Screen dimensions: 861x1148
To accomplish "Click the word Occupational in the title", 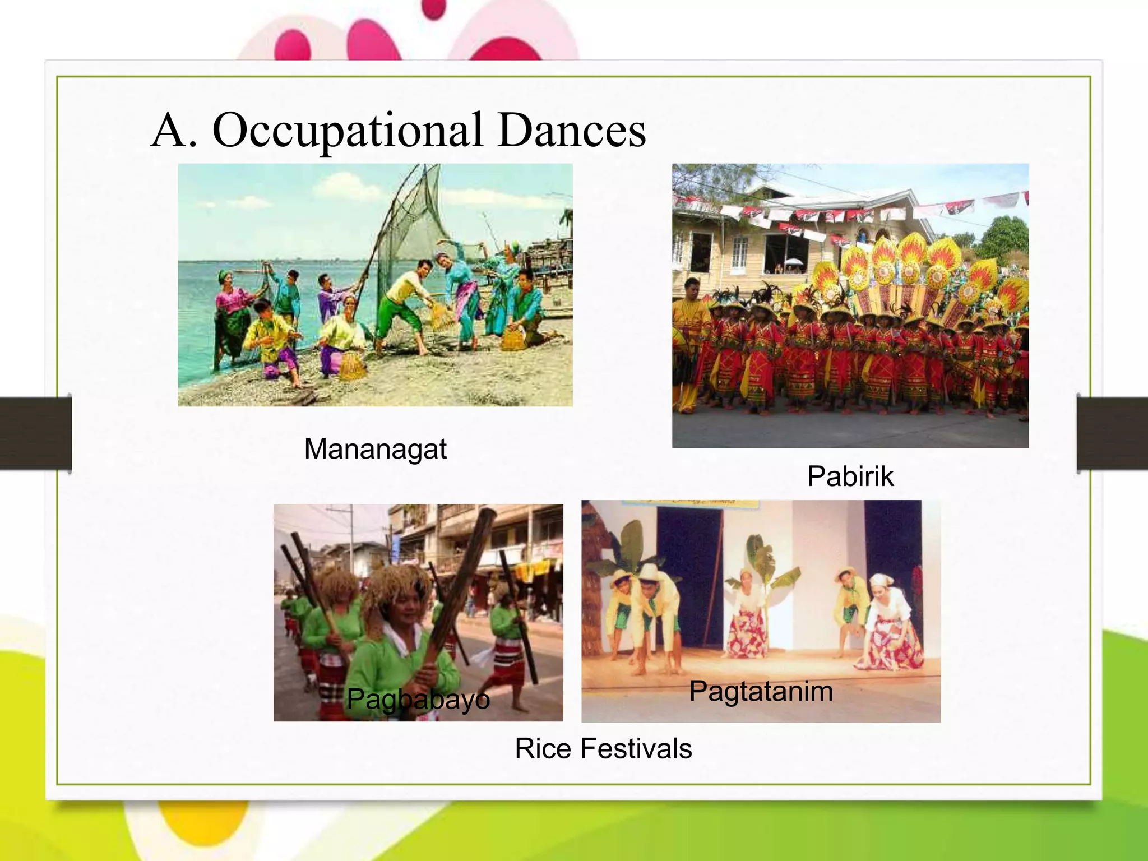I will [347, 131].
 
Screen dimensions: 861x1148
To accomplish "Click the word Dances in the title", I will [572, 131].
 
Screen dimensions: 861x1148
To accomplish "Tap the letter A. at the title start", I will [174, 131].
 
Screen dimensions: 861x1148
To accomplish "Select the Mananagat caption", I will [375, 449].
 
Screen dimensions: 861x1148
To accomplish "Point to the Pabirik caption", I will [850, 476].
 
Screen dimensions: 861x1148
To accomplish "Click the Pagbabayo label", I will [418, 699].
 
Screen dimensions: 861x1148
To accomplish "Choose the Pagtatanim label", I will [761, 691].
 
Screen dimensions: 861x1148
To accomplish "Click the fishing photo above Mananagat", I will [375, 285].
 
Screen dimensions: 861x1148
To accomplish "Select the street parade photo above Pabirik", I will [850, 305].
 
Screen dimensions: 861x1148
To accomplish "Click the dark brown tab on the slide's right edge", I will [1112, 433].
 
